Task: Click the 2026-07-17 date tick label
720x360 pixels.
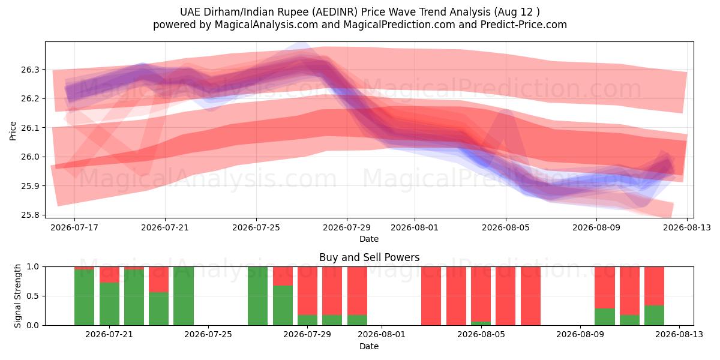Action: coord(74,227)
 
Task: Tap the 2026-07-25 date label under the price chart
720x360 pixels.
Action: coord(256,227)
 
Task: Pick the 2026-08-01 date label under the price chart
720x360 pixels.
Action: coord(415,227)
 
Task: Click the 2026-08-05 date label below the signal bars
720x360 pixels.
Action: coord(481,334)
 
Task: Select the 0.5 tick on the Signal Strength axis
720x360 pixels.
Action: coord(32,296)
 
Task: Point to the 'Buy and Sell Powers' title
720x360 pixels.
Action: coord(370,257)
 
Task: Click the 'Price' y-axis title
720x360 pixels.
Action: coord(13,131)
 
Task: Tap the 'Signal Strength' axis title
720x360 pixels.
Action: coord(17,296)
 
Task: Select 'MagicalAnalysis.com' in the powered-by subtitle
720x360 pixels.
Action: coord(266,25)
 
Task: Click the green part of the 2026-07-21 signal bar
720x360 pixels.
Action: coord(109,304)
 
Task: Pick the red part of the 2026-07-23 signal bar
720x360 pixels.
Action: coord(159,280)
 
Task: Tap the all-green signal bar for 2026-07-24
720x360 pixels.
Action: coord(184,296)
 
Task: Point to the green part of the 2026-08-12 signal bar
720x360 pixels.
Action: coord(654,316)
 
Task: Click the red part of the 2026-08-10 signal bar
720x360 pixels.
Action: coord(605,287)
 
